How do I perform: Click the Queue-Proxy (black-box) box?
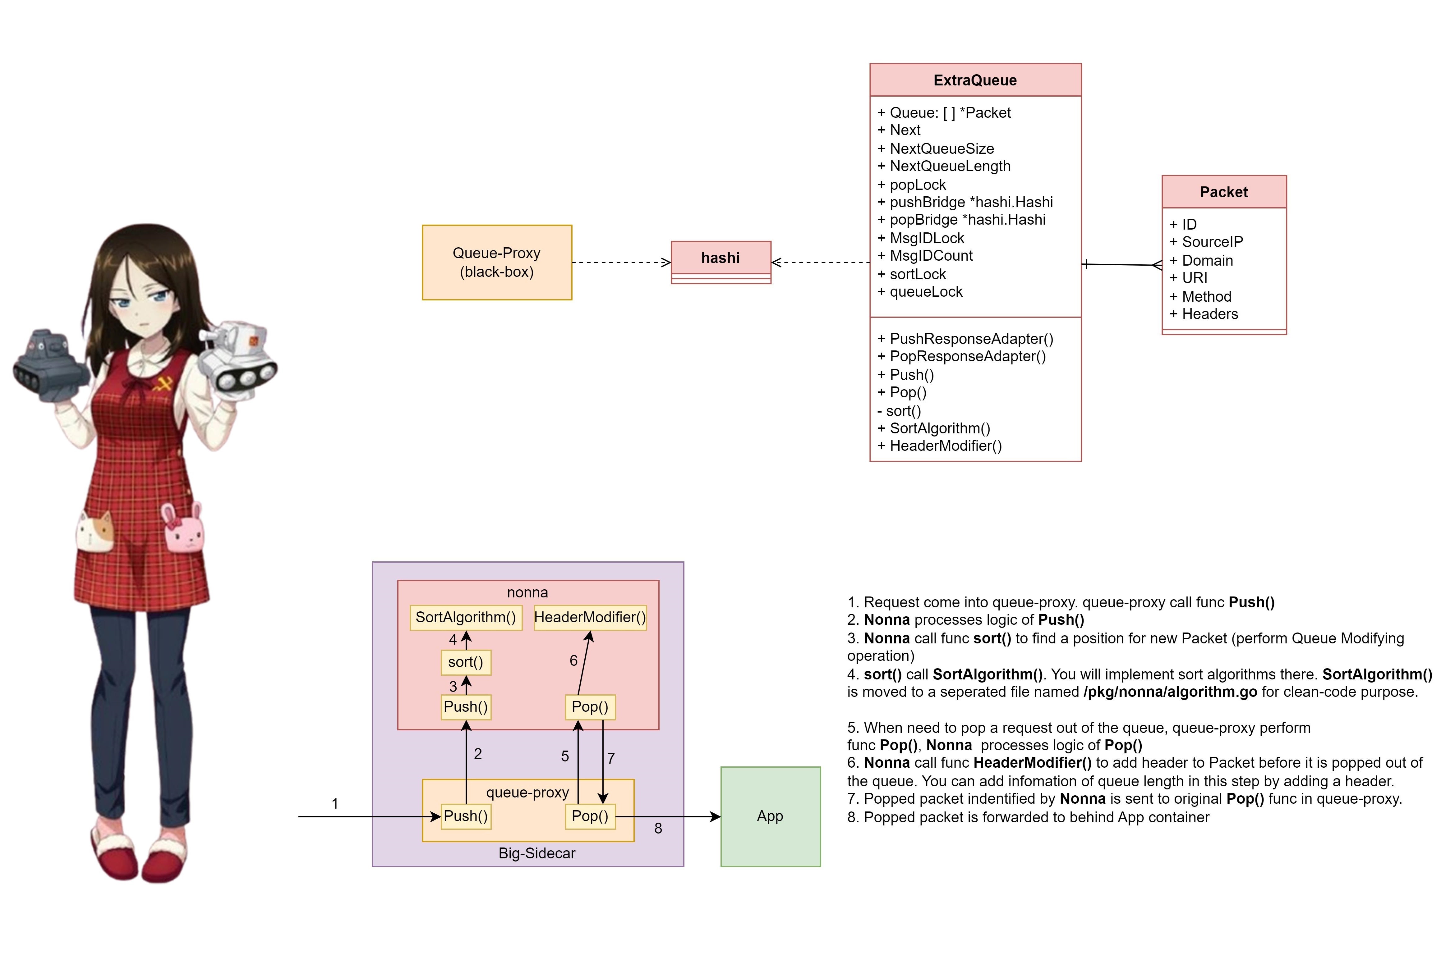tap(497, 263)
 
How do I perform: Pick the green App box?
tap(771, 816)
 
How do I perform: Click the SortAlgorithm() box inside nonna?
tap(466, 617)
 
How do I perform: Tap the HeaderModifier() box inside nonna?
tap(590, 617)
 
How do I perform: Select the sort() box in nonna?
tap(466, 662)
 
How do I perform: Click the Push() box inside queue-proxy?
tap(466, 816)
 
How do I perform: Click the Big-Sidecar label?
tap(537, 853)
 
